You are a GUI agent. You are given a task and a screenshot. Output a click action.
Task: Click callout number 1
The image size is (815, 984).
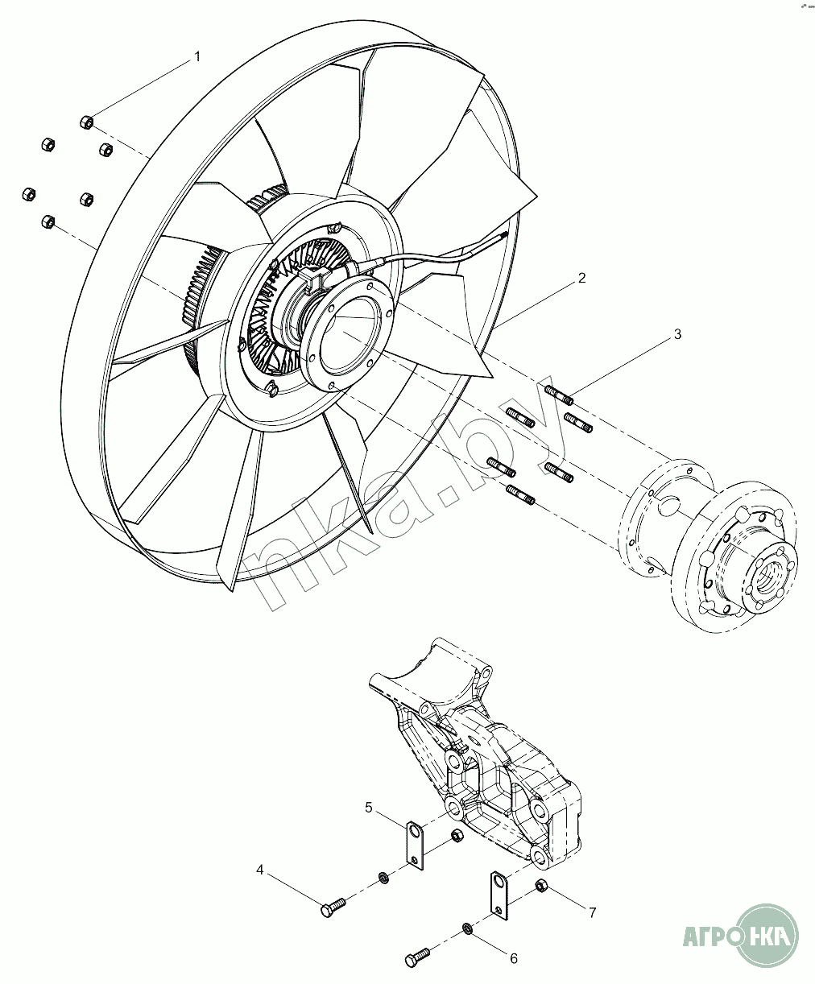point(196,56)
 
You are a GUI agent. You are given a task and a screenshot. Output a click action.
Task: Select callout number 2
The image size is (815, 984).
point(581,279)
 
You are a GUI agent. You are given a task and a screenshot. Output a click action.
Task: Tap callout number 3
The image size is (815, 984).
point(677,333)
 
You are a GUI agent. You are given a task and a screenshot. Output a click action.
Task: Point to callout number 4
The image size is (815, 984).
point(260,870)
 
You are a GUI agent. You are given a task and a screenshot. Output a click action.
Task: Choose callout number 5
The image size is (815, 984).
point(368,807)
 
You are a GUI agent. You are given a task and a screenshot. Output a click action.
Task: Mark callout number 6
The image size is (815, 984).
point(512,957)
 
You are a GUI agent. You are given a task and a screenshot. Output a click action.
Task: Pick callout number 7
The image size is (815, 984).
point(592,912)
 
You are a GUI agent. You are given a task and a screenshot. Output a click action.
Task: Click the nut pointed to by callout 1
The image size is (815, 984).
point(86,122)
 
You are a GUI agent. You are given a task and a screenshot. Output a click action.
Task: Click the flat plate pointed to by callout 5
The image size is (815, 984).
point(414,846)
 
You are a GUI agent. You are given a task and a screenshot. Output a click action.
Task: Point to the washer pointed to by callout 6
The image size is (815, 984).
point(467,931)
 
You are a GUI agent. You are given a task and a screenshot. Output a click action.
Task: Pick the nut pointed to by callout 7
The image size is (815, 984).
point(541,887)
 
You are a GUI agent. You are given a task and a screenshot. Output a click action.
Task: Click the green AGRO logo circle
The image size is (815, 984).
point(767,935)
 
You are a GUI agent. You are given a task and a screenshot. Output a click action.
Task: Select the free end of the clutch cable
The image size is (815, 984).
point(504,234)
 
